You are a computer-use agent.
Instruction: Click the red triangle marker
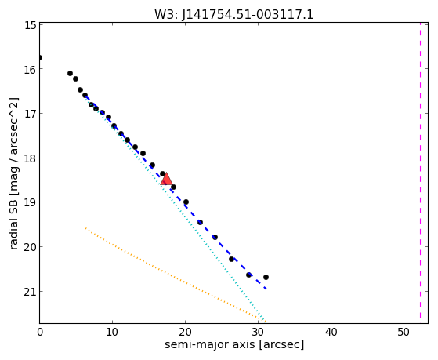166,180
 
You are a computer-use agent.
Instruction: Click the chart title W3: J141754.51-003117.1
234,15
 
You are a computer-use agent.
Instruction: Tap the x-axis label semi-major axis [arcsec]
234,344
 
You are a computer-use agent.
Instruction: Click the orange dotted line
176,275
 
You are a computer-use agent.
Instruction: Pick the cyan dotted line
175,209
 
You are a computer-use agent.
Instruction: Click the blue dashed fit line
176,192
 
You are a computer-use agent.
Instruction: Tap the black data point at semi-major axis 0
40,57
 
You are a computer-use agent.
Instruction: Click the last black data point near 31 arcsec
266,277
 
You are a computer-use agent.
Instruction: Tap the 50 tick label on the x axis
404,332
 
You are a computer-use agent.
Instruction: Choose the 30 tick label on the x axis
258,332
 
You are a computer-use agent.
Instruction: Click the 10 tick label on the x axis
112,332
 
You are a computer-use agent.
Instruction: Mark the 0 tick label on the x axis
40,332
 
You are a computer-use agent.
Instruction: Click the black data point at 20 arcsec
186,202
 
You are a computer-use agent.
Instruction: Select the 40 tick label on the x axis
331,332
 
